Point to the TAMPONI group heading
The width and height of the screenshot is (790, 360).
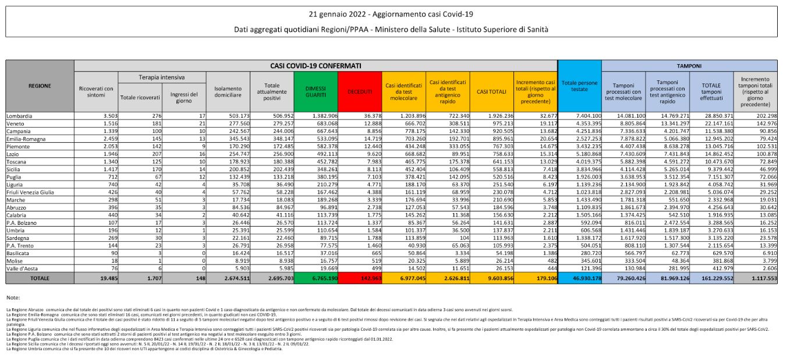(x=689, y=66)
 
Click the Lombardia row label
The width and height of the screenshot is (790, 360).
(x=20, y=115)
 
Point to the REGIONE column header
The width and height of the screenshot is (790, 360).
(x=40, y=86)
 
